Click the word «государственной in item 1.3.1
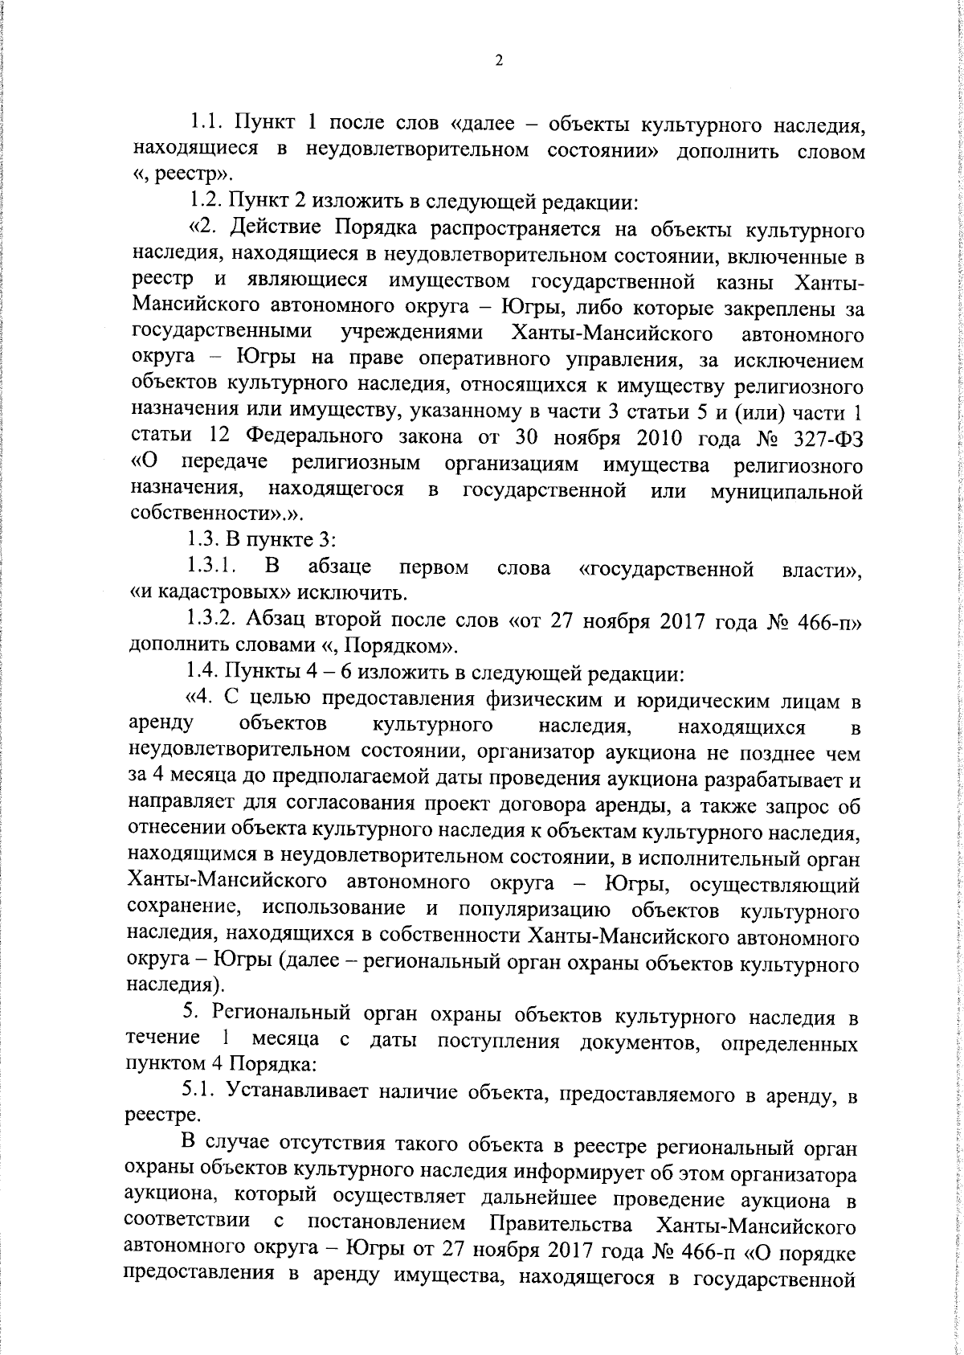tap(666, 569)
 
